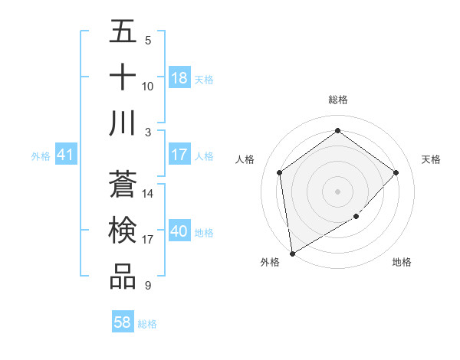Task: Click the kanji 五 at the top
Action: pyautogui.click(x=123, y=32)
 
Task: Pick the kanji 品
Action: pyautogui.click(x=123, y=277)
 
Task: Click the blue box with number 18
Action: pyautogui.click(x=179, y=78)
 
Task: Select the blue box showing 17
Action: pyautogui.click(x=179, y=155)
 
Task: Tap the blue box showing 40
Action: pyautogui.click(x=179, y=231)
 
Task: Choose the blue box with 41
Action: pyautogui.click(x=65, y=155)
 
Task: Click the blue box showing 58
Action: pyautogui.click(x=123, y=322)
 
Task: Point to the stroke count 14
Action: pyautogui.click(x=149, y=194)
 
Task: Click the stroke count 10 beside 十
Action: pyautogui.click(x=148, y=86)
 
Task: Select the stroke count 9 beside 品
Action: pyautogui.click(x=147, y=286)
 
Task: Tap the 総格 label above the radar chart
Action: pyautogui.click(x=337, y=100)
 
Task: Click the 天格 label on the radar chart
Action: pyautogui.click(x=431, y=159)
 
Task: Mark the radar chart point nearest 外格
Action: pyautogui.click(x=292, y=253)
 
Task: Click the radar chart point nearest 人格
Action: pyautogui.click(x=280, y=172)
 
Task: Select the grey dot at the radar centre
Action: pyautogui.click(x=337, y=191)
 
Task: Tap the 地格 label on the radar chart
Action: pyautogui.click(x=402, y=262)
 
